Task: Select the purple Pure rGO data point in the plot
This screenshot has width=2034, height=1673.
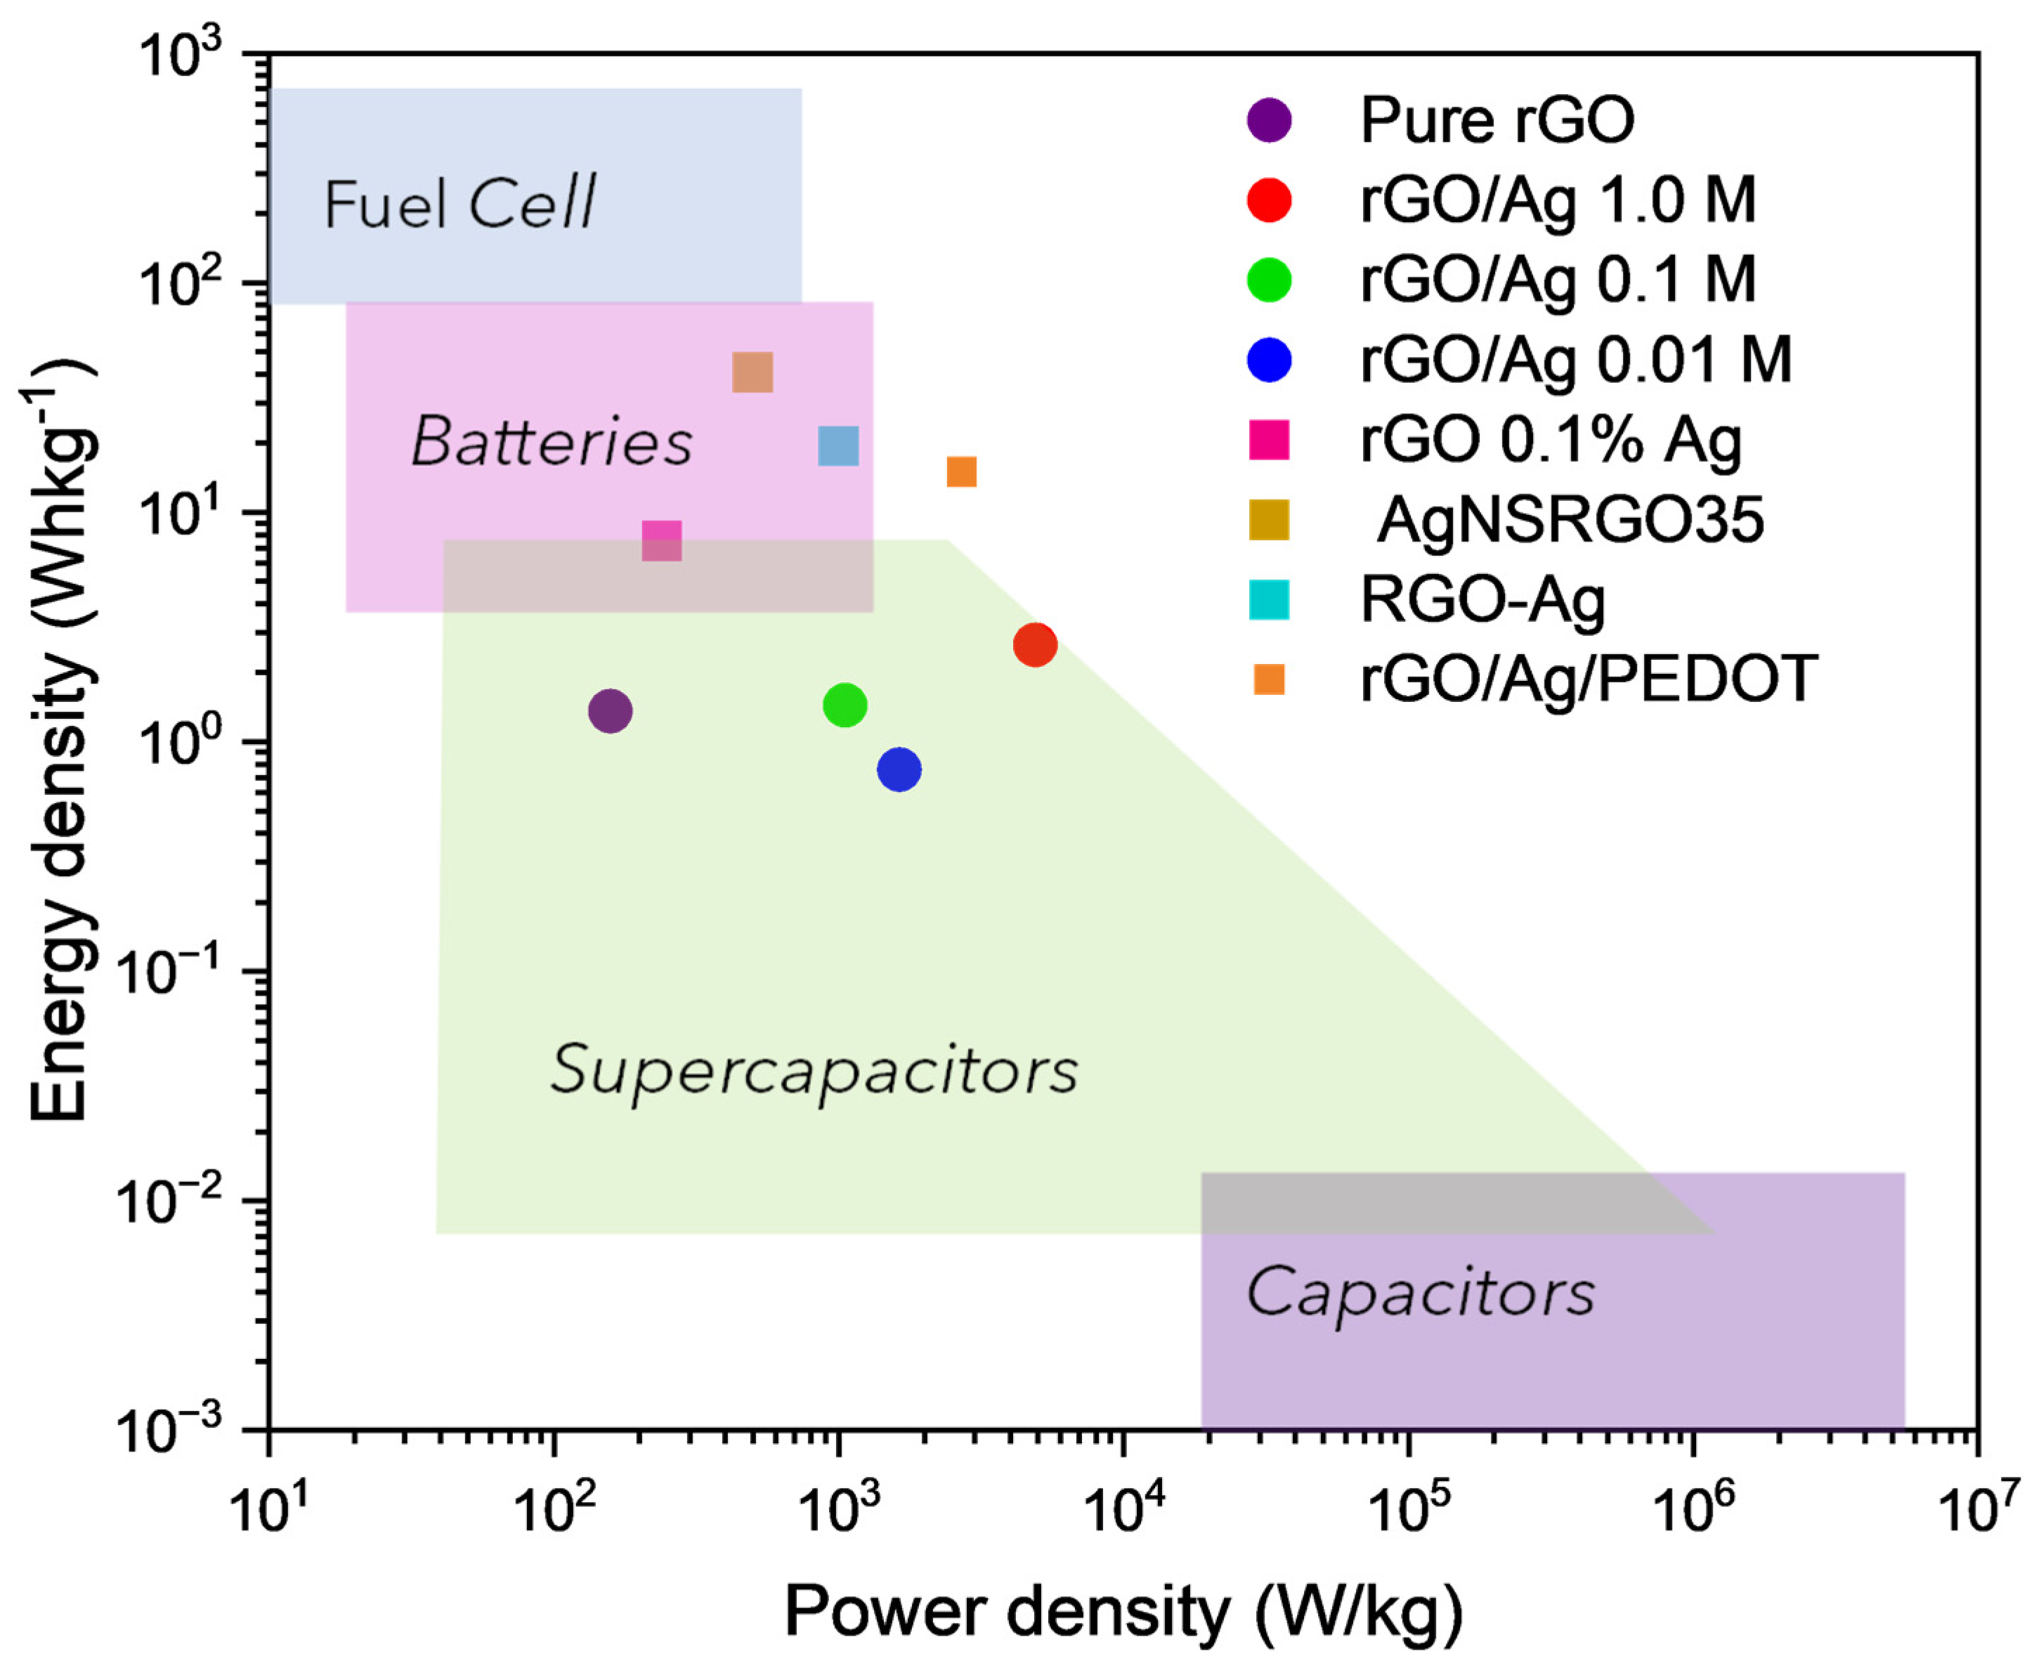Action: (610, 711)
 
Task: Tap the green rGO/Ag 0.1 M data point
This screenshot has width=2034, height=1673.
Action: (845, 705)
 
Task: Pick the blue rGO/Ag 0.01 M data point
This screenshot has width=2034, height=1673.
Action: (899, 769)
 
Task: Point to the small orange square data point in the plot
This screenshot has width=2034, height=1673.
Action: (962, 471)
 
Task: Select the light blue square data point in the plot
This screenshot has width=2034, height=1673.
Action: (838, 446)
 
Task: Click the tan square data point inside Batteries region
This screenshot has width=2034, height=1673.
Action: (752, 372)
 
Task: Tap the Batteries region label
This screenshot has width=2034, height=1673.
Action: (551, 443)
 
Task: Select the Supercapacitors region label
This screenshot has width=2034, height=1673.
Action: (814, 1069)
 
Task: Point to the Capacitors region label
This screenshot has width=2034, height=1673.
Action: (1420, 1292)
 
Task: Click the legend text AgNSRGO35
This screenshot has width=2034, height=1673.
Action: (1570, 521)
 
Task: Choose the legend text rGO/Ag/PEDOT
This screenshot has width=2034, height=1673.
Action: (1588, 679)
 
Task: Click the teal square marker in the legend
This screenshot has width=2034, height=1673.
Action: (1269, 599)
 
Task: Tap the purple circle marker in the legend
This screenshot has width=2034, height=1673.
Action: (1269, 120)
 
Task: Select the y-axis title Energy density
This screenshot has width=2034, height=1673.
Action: (63, 742)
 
